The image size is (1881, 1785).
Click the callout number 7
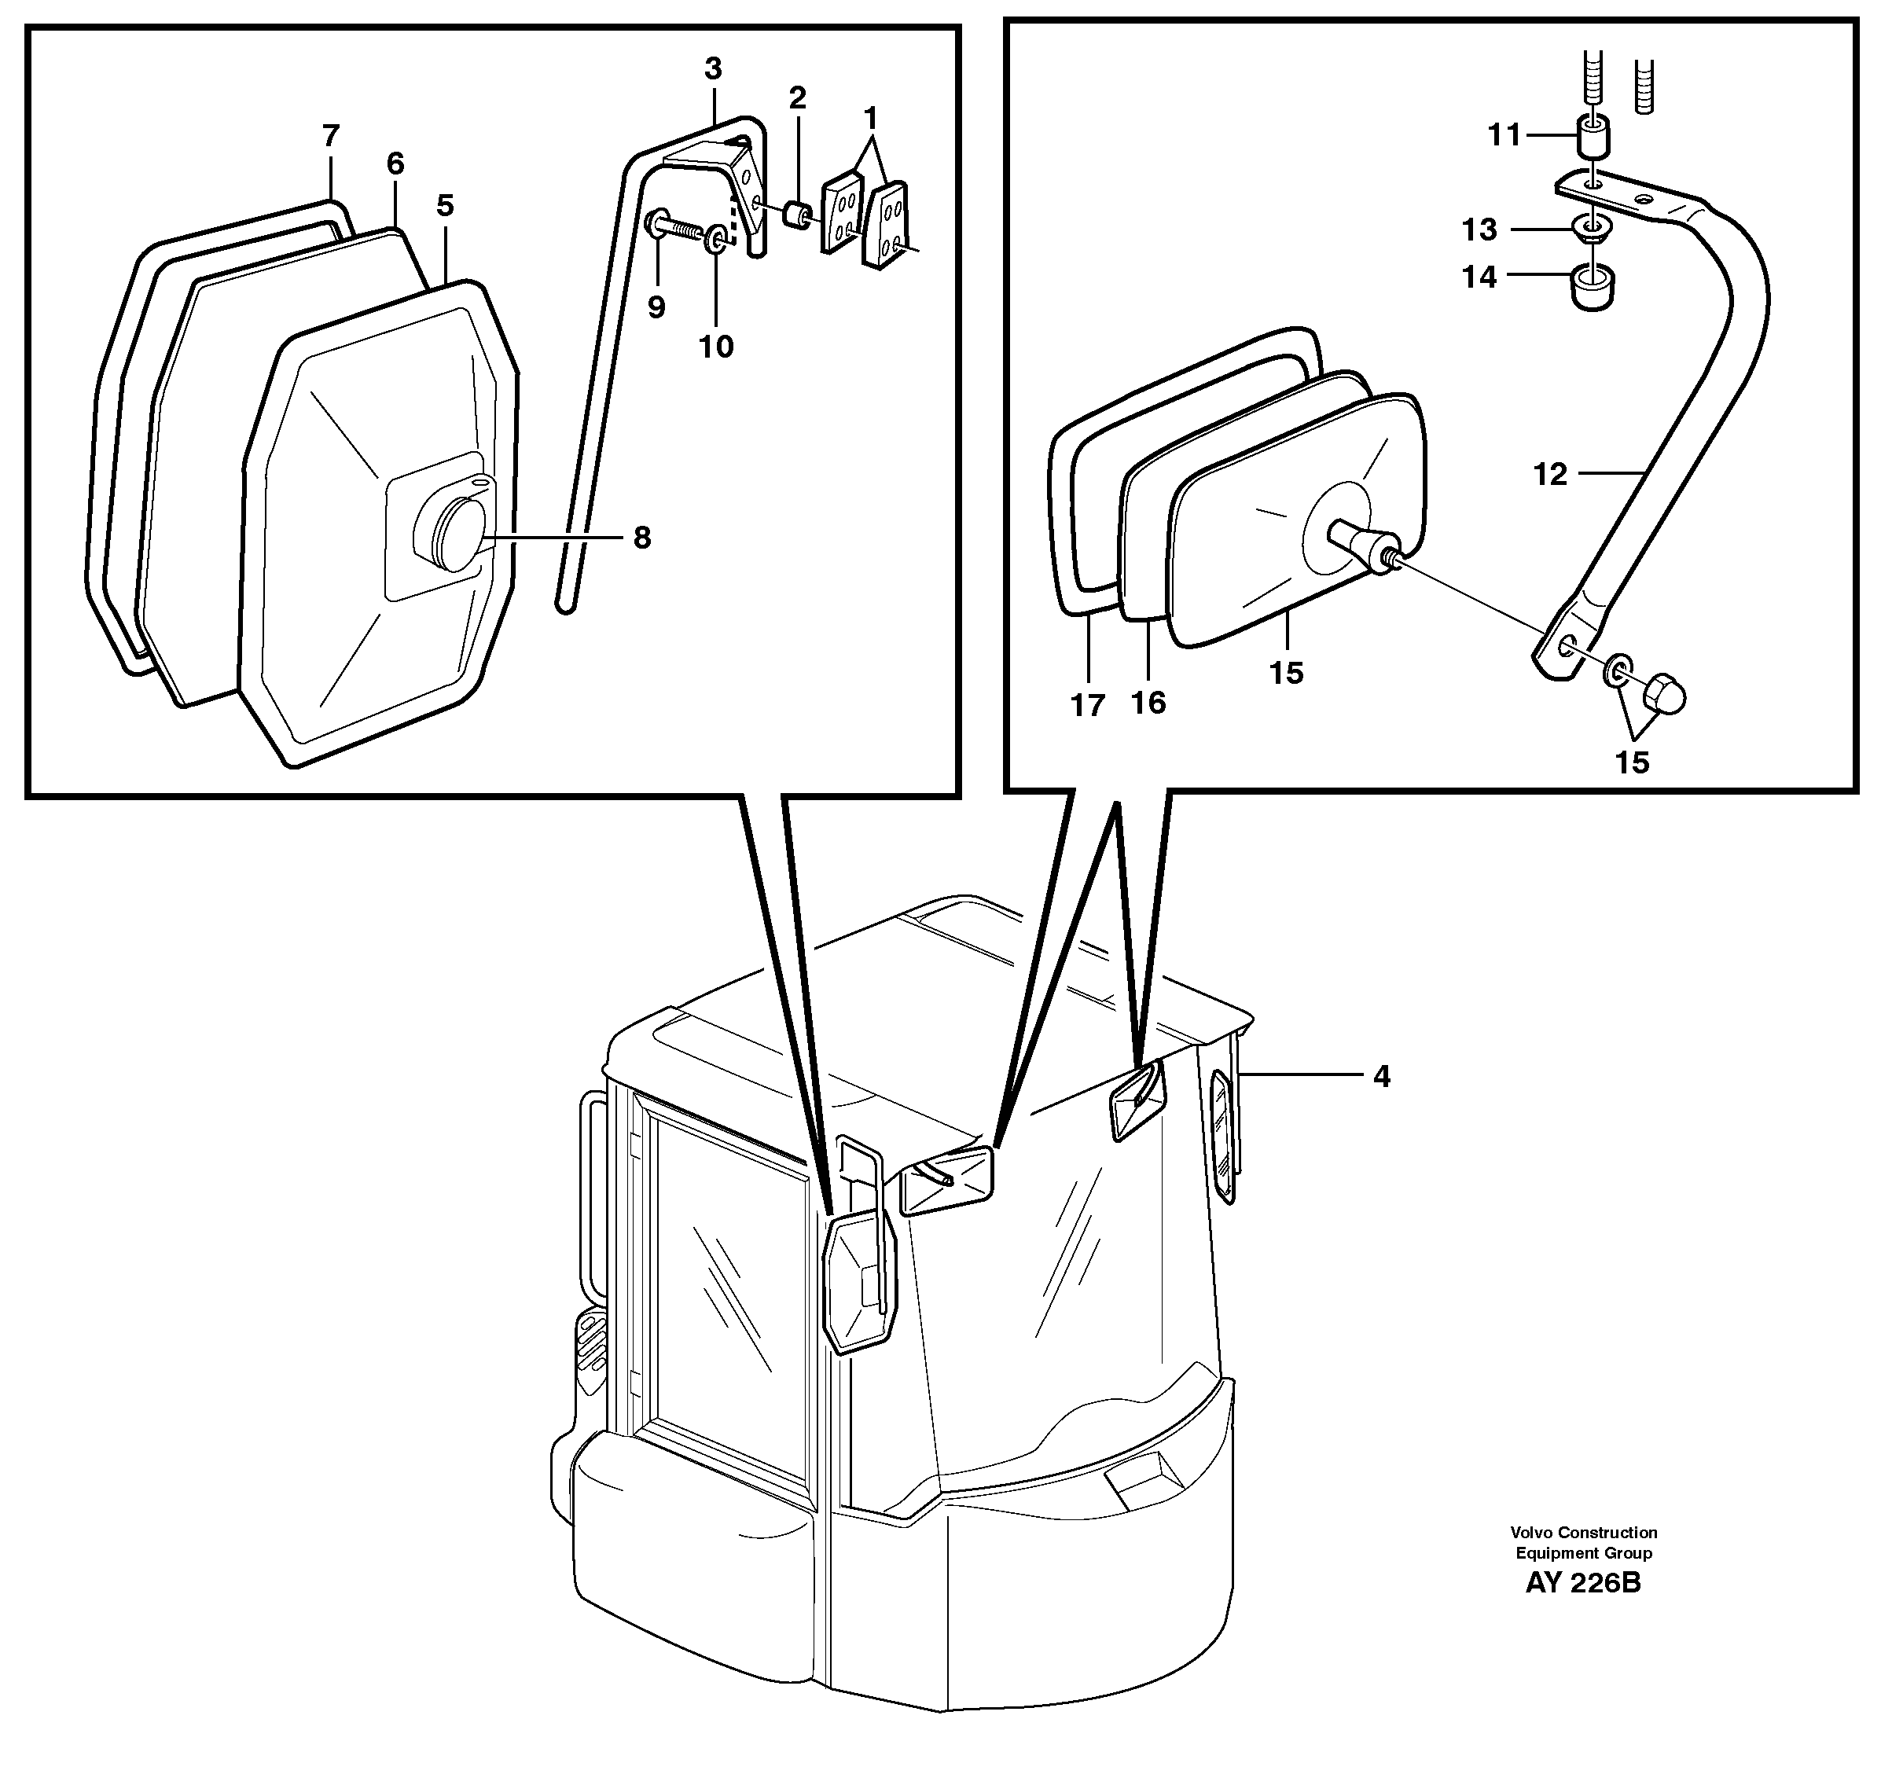tap(330, 136)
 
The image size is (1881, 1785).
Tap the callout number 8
tap(642, 538)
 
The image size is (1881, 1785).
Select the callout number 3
tap(713, 68)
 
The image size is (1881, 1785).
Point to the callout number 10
tap(715, 347)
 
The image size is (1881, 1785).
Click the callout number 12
tap(1550, 474)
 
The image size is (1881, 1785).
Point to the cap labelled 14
tap(1593, 288)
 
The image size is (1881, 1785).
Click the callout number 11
tap(1504, 136)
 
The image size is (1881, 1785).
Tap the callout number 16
tap(1148, 703)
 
